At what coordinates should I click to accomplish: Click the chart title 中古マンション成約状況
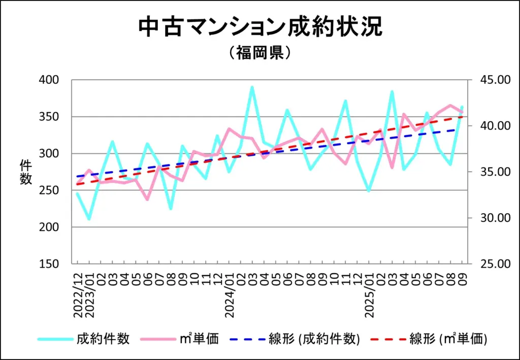pos(260,28)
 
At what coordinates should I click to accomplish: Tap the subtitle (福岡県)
pos(260,53)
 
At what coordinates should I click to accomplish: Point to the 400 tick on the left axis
pos(49,80)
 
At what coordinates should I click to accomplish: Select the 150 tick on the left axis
pos(49,264)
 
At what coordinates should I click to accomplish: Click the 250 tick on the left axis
pos(49,190)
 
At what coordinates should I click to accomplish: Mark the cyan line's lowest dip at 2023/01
pos(89,219)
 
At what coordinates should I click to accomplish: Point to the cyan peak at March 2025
pos(392,91)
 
